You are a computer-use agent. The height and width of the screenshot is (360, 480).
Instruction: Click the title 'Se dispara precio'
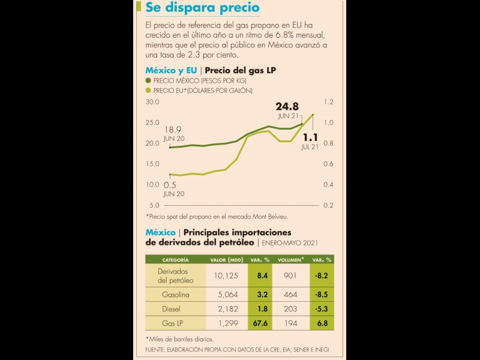(203, 8)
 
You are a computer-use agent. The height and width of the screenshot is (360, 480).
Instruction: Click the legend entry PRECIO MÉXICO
(200, 80)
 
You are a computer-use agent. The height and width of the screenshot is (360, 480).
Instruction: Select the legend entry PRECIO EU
(203, 90)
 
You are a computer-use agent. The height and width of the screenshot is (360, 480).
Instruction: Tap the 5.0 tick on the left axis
(154, 205)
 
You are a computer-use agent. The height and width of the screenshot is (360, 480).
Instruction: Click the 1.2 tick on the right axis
(328, 103)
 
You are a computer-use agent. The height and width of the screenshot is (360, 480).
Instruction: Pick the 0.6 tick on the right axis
(328, 164)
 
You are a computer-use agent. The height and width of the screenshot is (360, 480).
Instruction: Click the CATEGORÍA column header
(175, 260)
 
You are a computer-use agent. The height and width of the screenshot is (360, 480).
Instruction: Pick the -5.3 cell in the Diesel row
(322, 308)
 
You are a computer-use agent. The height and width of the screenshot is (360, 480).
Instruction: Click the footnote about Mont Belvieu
(225, 216)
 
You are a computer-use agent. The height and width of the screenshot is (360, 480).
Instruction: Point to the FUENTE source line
(237, 349)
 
